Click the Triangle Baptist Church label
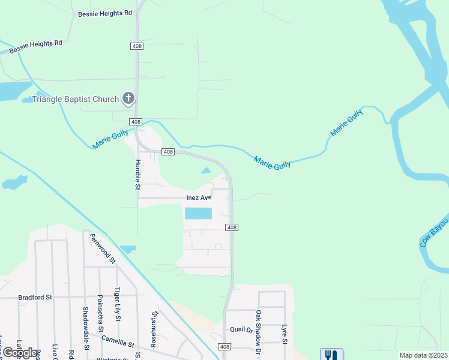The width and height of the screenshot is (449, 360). point(76,98)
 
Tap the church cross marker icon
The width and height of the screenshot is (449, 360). point(128,98)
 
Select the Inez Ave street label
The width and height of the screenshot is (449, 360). point(199,197)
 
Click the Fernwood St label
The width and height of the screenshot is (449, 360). point(103,248)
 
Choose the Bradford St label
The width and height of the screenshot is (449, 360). point(35,297)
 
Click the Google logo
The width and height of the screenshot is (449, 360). point(20,353)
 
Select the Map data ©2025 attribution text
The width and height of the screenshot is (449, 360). point(423,355)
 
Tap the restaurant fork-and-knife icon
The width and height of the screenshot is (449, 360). point(331,355)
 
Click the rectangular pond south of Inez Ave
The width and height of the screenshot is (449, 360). point(199,213)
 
